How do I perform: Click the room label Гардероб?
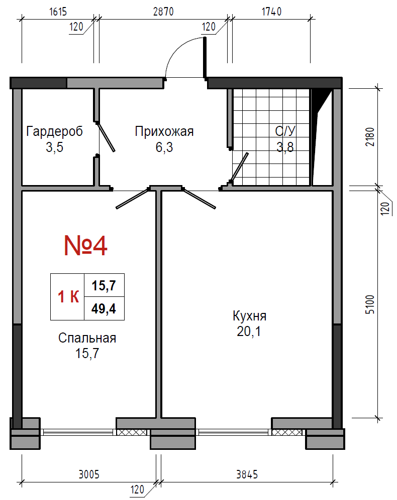point(54,131)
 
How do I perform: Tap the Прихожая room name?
point(164,131)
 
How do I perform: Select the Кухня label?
point(249,315)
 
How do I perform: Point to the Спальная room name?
point(87,338)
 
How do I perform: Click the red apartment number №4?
point(85,246)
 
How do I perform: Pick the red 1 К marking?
point(68,296)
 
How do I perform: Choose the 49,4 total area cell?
point(104,308)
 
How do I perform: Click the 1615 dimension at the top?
point(58,12)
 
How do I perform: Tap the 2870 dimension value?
point(163,12)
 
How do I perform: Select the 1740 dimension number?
point(272,12)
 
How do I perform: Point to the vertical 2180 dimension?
point(370,137)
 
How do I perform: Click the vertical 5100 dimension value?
point(370,304)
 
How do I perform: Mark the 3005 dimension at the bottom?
point(89,474)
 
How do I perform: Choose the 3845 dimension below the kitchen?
point(247,474)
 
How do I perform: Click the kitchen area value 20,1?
point(249,331)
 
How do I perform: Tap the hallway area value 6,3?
point(164,147)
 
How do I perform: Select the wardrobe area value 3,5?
point(54,147)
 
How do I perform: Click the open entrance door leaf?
point(205,57)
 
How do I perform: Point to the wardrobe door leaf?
point(106,137)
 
